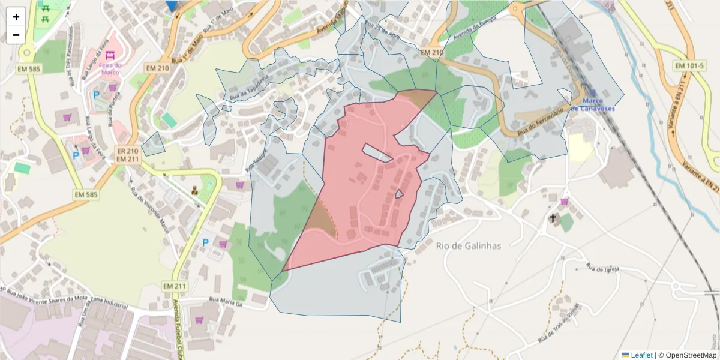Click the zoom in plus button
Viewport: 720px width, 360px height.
pos(16,17)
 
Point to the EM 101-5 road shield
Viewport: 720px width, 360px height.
pos(690,65)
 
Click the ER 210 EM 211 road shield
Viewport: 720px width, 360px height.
pos(127,155)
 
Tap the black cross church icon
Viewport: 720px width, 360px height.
pos(553,218)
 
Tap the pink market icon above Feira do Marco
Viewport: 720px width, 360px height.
pos(110,55)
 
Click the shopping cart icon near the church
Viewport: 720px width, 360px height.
pos(565,201)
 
